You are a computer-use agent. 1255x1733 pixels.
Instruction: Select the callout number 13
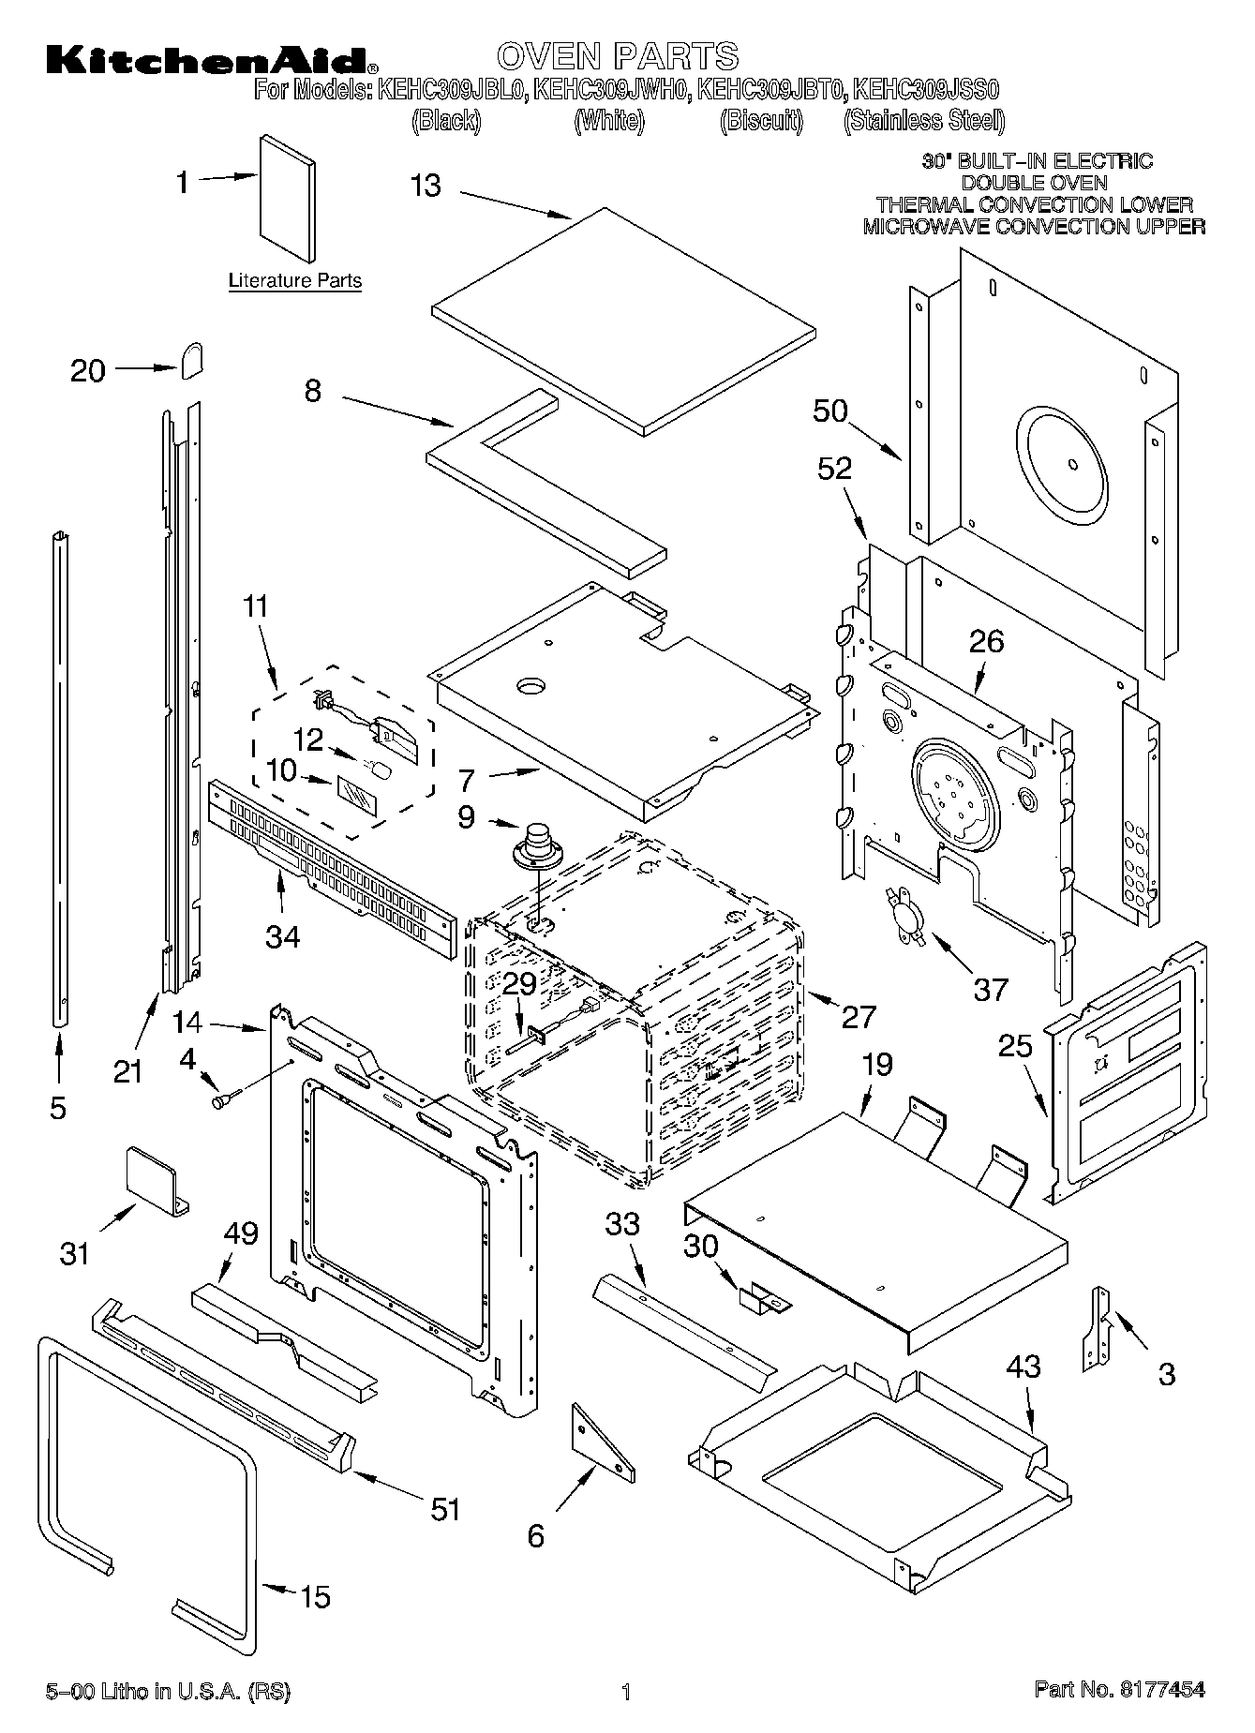[x=426, y=186]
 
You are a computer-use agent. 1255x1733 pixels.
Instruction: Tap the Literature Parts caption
[x=295, y=280]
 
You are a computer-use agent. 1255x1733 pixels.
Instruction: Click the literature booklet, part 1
[x=287, y=198]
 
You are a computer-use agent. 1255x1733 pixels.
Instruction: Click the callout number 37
[x=991, y=988]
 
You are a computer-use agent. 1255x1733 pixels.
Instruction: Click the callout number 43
[x=1023, y=1366]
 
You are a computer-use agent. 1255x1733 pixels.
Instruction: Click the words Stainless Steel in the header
[x=924, y=120]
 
